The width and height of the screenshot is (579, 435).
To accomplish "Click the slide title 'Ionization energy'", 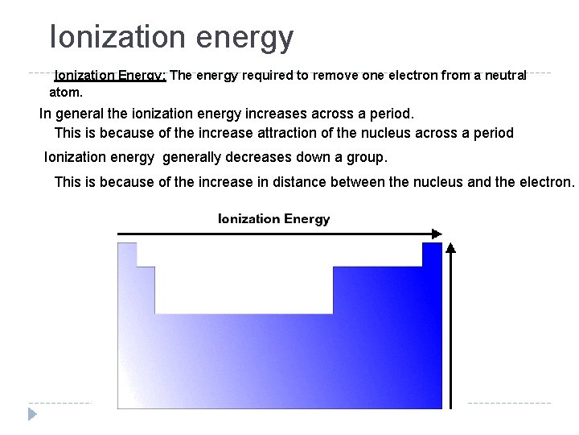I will coord(171,37).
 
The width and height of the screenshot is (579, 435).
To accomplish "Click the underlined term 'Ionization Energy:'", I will coord(110,76).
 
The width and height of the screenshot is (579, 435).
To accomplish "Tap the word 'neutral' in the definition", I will coord(505,76).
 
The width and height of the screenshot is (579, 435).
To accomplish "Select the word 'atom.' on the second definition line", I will coord(67,93).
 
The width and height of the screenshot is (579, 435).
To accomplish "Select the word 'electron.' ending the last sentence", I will coord(546,182).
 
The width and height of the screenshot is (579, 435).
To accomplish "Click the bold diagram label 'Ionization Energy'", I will coord(273,219).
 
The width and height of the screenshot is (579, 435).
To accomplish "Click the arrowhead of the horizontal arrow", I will coord(436,234).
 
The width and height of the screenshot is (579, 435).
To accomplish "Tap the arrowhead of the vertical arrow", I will coord(452,247).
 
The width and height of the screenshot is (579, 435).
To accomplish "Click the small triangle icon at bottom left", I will coord(32,415).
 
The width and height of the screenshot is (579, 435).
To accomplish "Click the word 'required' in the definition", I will coord(256,76).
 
